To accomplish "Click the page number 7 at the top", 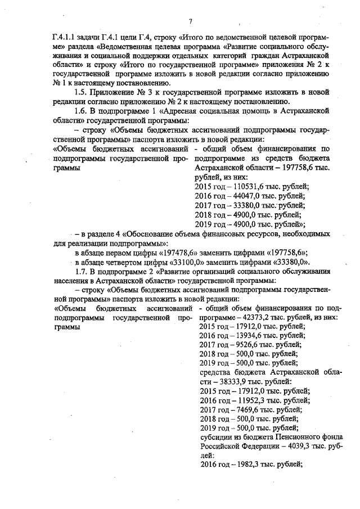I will pyautogui.click(x=190, y=21).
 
